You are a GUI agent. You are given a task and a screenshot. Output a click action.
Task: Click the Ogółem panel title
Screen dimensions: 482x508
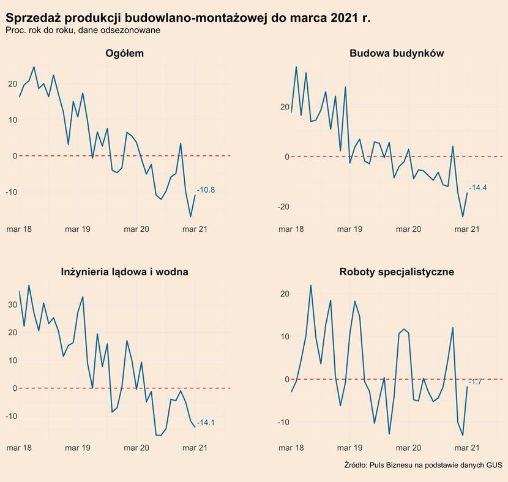[x=124, y=53]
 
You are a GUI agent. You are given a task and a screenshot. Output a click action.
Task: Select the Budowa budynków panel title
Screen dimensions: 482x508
[x=396, y=53]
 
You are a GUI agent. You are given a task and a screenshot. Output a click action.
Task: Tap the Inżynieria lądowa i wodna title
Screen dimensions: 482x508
[x=124, y=272]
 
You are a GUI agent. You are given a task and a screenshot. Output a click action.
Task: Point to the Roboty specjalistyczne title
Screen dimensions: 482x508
[x=396, y=272]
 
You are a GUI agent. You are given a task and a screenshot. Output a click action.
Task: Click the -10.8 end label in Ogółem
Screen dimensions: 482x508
[x=206, y=190]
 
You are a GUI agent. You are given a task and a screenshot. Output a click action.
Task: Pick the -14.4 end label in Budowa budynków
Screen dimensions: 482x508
[x=477, y=188]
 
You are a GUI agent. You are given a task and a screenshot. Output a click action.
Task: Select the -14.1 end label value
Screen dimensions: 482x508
[x=206, y=423]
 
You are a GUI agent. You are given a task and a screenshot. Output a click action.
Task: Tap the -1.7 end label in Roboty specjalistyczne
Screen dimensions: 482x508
[x=476, y=382]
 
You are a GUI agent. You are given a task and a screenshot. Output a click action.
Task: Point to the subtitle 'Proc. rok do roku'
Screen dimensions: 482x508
[x=83, y=31]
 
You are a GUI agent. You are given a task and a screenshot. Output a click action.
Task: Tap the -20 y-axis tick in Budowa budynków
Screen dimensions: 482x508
[x=282, y=207]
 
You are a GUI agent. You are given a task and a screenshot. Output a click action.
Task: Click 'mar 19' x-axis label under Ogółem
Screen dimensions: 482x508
[x=77, y=229]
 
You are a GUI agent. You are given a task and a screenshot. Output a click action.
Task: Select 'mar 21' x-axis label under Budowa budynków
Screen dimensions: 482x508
[x=467, y=229]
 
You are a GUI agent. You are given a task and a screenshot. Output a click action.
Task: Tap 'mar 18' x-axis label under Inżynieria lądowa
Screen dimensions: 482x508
[x=18, y=448]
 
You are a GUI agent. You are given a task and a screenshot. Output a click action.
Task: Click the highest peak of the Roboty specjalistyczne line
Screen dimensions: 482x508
[x=311, y=286]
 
